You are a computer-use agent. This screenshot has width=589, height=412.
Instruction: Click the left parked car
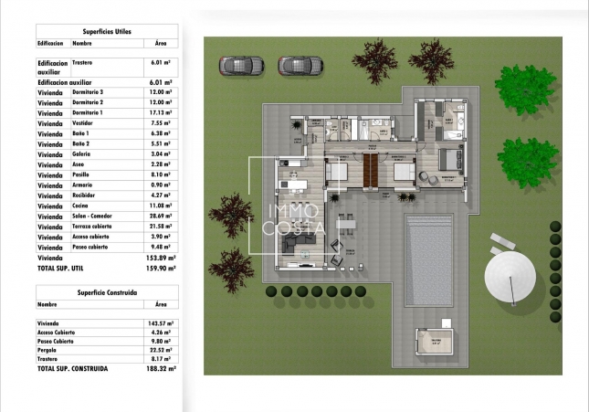tap(241, 65)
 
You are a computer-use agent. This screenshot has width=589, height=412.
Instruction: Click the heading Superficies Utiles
tap(107, 31)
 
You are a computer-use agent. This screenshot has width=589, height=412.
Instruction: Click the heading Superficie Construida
tap(107, 292)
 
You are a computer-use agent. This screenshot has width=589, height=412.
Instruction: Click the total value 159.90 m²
tap(159, 269)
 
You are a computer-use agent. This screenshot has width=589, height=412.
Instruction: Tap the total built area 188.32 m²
tap(159, 368)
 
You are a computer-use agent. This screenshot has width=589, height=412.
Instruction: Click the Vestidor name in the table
tap(85, 122)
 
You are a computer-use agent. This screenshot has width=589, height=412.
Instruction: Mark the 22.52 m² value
tap(161, 350)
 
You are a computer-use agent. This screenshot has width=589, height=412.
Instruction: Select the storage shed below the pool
tap(436, 343)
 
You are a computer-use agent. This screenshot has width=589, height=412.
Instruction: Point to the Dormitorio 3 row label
tap(88, 92)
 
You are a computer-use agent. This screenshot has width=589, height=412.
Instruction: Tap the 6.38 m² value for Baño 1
tap(161, 133)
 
